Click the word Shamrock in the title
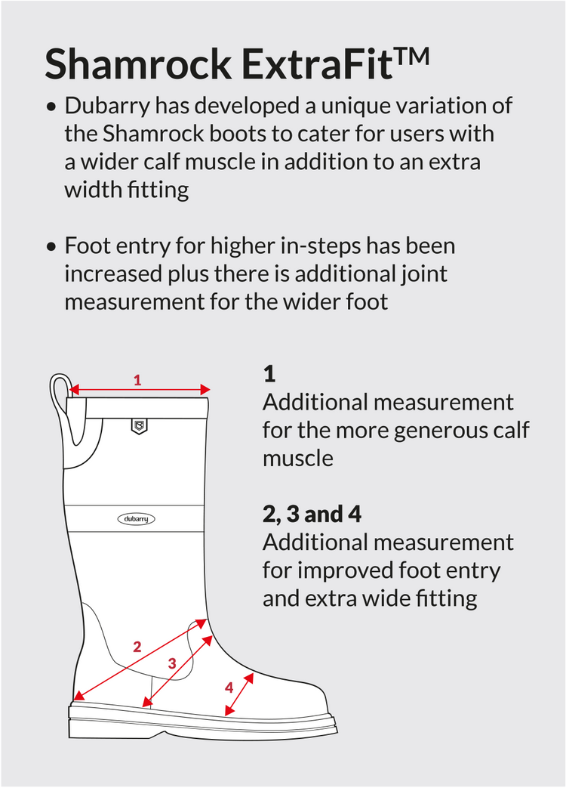click(x=137, y=63)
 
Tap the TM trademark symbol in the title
click(x=411, y=56)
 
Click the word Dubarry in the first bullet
click(x=107, y=107)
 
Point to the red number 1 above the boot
click(x=137, y=380)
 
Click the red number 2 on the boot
click(x=137, y=647)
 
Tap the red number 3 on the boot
click(x=172, y=663)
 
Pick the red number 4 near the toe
click(x=229, y=687)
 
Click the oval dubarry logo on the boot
click(x=136, y=518)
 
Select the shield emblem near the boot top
click(x=139, y=426)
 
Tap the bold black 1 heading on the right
click(x=269, y=375)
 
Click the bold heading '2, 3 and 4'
click(x=312, y=514)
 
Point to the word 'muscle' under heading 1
click(x=298, y=459)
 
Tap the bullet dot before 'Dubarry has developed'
click(x=51, y=107)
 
